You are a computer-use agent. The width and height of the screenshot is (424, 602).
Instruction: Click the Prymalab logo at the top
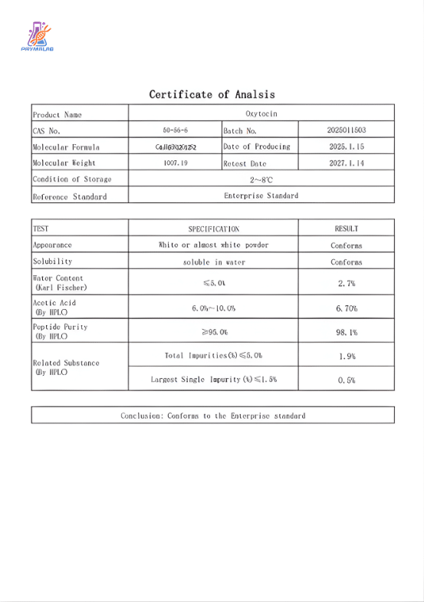[37, 38]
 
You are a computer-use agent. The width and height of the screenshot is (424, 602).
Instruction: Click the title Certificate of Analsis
[212, 94]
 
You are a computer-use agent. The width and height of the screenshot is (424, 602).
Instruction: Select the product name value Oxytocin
[261, 113]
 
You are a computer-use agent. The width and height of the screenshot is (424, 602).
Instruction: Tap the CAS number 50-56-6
[175, 130]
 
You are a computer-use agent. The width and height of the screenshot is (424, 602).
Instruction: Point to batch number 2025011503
[346, 130]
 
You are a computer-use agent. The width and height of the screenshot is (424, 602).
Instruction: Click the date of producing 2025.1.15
[346, 146]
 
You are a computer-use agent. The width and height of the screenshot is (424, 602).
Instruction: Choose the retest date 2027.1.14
[346, 163]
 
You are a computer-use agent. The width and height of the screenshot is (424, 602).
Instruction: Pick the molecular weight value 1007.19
[175, 163]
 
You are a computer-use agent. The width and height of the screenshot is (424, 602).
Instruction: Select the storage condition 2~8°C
[261, 179]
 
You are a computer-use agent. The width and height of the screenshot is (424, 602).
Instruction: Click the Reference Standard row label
[69, 196]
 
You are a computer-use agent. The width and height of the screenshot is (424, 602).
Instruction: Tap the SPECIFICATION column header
[214, 229]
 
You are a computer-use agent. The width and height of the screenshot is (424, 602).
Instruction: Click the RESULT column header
[346, 229]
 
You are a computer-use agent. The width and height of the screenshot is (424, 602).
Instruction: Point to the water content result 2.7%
[346, 284]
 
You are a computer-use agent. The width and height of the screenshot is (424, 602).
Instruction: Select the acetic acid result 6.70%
[346, 308]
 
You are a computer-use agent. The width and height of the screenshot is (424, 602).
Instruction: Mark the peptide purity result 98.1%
[346, 333]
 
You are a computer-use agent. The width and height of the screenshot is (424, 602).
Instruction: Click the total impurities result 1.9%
[346, 357]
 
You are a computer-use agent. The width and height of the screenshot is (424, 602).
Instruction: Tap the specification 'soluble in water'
[214, 262]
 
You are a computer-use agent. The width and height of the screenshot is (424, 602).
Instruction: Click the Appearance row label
[52, 245]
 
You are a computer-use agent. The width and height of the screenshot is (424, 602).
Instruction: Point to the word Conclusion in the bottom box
[140, 416]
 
